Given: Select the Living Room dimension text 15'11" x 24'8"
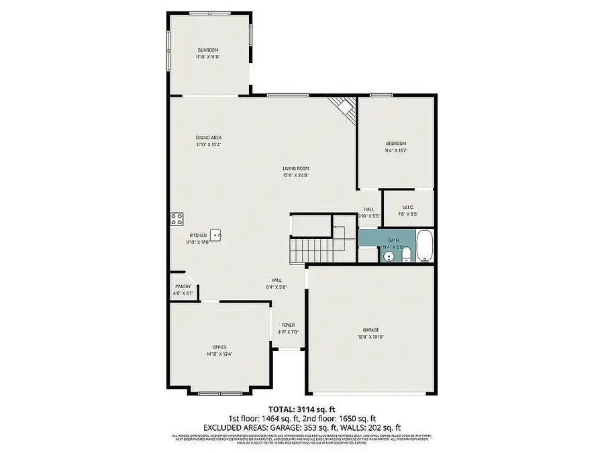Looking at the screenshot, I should click(x=295, y=175).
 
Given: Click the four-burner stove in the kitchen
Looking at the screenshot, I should click(x=177, y=218).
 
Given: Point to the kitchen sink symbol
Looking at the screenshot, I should click(x=216, y=235).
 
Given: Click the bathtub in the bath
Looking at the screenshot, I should click(x=425, y=247).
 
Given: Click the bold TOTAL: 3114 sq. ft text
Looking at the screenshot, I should click(x=301, y=409).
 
